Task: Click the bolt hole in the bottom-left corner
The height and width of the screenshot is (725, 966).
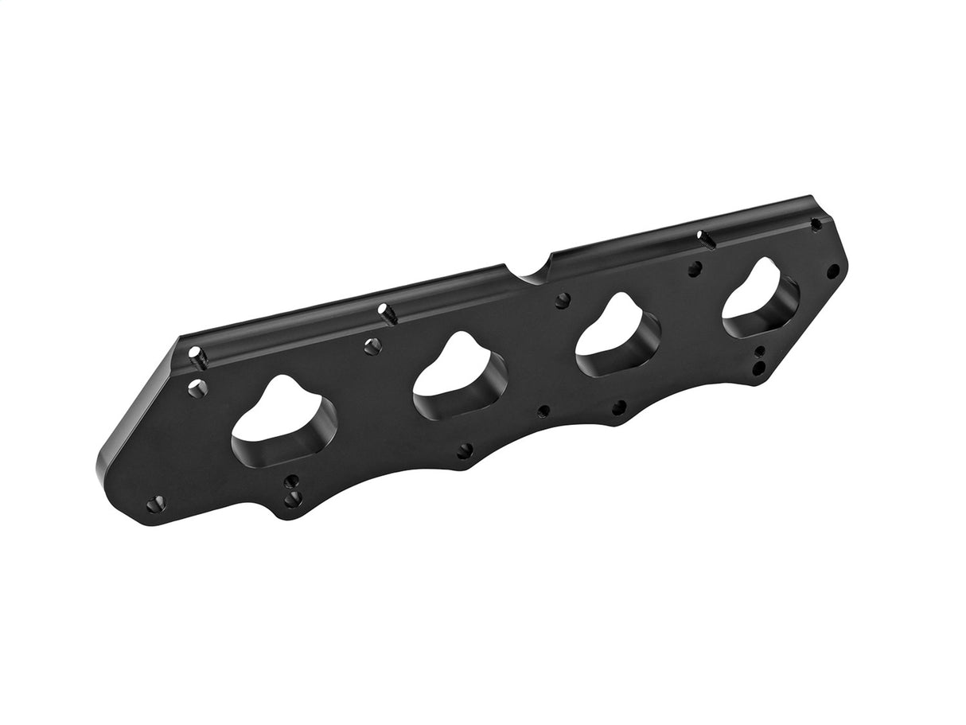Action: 155,503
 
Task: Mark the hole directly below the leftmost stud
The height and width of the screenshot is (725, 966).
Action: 197,389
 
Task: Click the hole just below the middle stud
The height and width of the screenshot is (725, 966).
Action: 371,346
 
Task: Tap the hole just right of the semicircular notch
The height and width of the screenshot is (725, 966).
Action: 563,300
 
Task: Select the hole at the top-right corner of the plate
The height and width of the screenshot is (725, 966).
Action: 816,224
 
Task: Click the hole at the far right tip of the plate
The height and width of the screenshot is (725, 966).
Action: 833,271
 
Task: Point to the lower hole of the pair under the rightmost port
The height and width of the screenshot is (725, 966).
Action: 759,367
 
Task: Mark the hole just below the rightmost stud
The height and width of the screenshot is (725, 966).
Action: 695,269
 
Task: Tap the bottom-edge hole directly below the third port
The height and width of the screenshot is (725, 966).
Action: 618,408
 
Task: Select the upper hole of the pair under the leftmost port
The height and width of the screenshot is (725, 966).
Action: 291,481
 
